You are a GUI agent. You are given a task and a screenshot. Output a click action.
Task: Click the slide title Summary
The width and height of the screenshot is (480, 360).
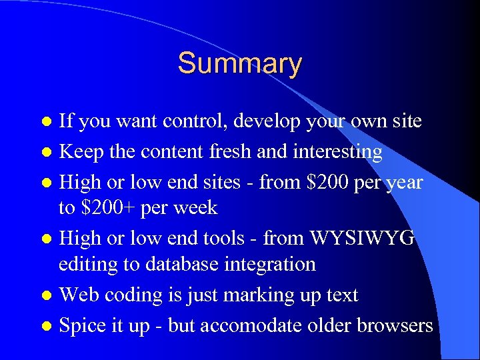(239, 64)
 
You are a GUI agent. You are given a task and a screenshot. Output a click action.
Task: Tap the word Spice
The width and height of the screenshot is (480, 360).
(80, 325)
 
